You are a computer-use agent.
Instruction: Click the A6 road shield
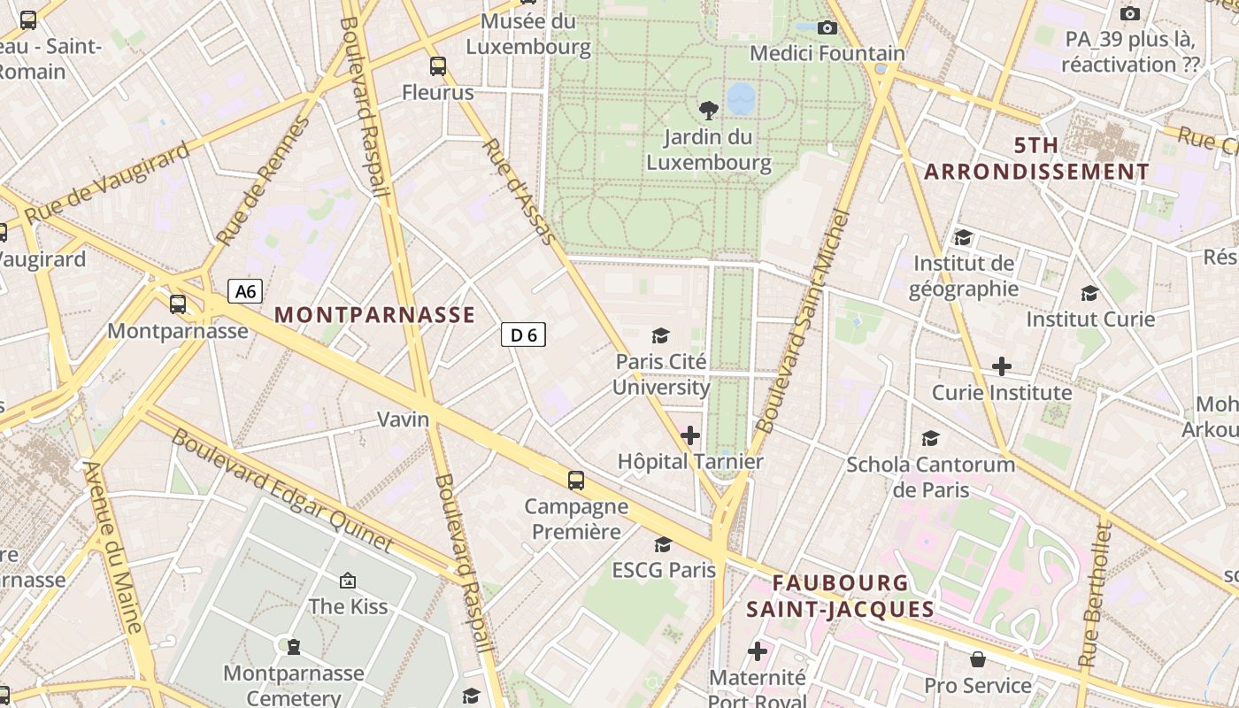pyautogui.click(x=245, y=291)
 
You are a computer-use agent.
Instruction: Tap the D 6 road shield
pyautogui.click(x=523, y=335)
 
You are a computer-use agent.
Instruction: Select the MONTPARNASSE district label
pyautogui.click(x=374, y=315)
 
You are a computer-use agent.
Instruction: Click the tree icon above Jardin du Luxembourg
pyautogui.click(x=708, y=110)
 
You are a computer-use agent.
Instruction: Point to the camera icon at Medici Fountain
pyautogui.click(x=827, y=28)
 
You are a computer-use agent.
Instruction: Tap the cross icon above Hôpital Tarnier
pyautogui.click(x=689, y=435)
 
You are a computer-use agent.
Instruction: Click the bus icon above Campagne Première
pyautogui.click(x=576, y=481)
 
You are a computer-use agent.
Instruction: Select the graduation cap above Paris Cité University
pyautogui.click(x=660, y=335)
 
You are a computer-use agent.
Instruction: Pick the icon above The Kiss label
pyautogui.click(x=348, y=581)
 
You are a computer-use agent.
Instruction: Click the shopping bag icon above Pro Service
pyautogui.click(x=978, y=659)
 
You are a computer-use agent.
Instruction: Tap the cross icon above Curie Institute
pyautogui.click(x=1001, y=366)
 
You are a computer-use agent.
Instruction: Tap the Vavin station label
pyautogui.click(x=403, y=419)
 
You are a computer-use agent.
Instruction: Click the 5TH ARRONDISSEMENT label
pyautogui.click(x=1036, y=158)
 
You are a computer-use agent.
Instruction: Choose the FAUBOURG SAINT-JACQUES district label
pyautogui.click(x=840, y=596)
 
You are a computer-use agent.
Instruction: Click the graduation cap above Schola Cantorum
pyautogui.click(x=930, y=438)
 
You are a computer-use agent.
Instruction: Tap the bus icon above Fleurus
pyautogui.click(x=437, y=66)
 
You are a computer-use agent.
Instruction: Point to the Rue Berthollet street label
pyautogui.click(x=1094, y=595)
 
